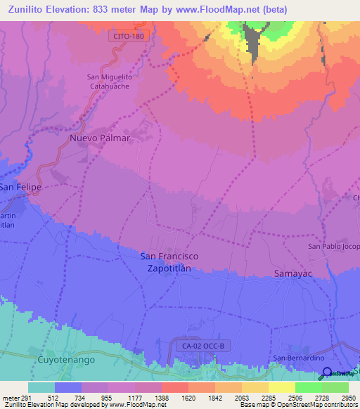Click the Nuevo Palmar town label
click(x=100, y=138)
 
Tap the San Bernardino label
click(x=297, y=358)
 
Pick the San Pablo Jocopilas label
click(x=334, y=247)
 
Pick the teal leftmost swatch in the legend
click(x=41, y=387)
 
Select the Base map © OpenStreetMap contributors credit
click(x=298, y=405)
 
